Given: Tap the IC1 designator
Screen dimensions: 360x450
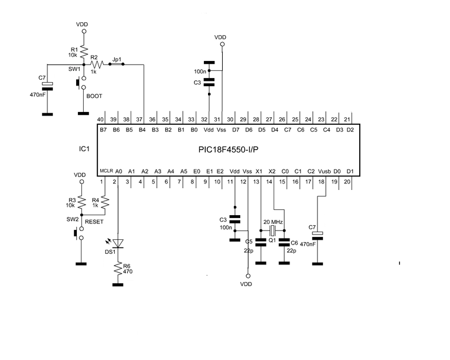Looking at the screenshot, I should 84,150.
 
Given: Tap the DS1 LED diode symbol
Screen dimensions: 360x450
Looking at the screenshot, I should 118,243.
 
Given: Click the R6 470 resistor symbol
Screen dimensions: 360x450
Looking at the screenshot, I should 118,270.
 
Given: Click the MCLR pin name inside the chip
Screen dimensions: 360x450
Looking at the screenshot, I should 105,171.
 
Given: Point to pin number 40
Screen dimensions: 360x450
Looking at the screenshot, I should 101,119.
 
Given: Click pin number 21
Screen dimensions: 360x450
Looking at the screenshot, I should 350,119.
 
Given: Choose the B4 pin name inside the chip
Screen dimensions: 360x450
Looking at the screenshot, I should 142,130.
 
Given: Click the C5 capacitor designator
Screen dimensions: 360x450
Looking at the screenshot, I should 248,242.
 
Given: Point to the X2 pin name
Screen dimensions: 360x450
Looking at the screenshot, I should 271,171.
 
